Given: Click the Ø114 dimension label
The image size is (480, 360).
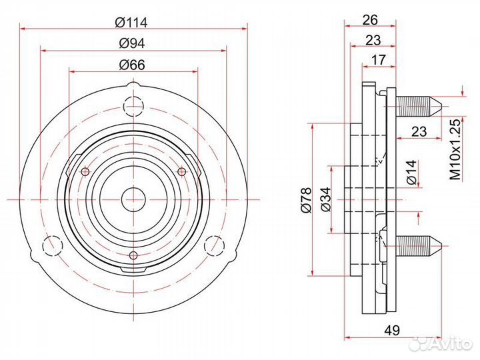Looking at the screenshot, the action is coord(131,23).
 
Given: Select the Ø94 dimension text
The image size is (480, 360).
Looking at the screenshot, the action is coord(131,43).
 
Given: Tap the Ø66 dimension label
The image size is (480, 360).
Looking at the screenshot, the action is coord(132,65).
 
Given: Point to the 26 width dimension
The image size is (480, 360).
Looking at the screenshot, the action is coord(370,20).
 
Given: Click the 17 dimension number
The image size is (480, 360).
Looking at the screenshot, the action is coord(379,60).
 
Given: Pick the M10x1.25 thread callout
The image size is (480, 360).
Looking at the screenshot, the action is coord(455,149).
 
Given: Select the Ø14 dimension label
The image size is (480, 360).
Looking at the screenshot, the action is coord(412,172).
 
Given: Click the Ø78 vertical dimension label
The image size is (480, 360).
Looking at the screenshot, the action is coord(306,200).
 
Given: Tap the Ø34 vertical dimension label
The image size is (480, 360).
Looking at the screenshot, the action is coord(326,199).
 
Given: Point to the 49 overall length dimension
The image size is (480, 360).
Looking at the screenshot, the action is coord(392,330).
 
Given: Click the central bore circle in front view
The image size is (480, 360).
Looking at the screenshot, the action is coord(133,199).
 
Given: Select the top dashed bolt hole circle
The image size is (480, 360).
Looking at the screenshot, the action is coord(133,107).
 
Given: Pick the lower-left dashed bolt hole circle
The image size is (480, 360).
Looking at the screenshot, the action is coord(53,245).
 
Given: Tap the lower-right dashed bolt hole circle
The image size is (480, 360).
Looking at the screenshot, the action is coord(214,245).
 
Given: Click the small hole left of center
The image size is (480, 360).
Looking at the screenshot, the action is coord(85,172).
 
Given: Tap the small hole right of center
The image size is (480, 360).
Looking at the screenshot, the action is coord(182,172).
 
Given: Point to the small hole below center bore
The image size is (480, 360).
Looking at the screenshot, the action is coord(133,255).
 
